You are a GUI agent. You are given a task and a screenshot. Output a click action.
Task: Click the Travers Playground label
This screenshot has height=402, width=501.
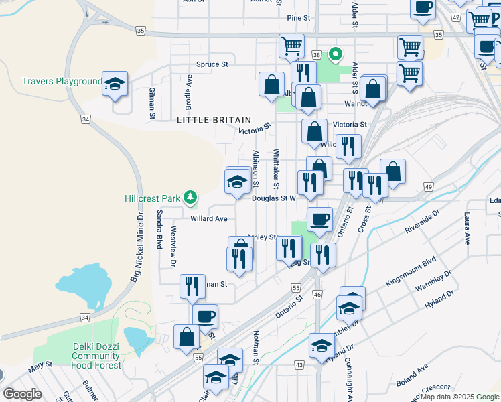(x=62, y=82)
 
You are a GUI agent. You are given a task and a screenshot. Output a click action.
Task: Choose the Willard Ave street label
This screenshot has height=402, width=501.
(x=209, y=218)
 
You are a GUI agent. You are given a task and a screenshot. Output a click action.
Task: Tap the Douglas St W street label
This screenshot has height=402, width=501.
(x=273, y=198)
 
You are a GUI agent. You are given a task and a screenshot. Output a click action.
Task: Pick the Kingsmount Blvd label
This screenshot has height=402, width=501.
(x=411, y=272)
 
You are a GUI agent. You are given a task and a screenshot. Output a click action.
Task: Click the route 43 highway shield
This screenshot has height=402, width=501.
(x=299, y=364)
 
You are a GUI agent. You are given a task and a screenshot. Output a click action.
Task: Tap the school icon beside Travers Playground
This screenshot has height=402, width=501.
(x=115, y=84)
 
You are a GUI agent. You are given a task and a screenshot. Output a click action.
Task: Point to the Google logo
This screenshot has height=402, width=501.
(x=22, y=394)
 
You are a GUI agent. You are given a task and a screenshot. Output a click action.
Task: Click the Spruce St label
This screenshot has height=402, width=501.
(x=212, y=64)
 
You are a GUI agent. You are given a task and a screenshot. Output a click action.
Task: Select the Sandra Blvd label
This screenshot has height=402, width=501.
(x=159, y=229)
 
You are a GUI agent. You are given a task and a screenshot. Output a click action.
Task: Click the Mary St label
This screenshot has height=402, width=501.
(x=40, y=365)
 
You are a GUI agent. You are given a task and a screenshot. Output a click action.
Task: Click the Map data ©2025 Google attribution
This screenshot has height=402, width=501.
(x=459, y=397)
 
